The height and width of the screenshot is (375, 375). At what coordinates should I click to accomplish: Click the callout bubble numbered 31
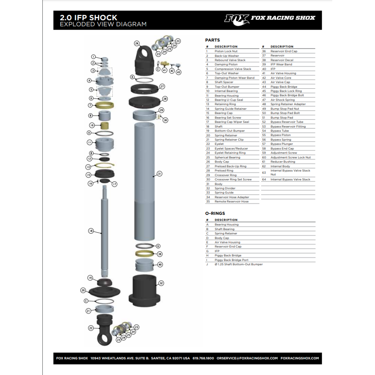click(159, 174)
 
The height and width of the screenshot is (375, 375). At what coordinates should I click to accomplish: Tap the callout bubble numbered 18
click(91, 230)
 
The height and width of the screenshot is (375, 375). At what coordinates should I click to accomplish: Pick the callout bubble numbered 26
click(137, 43)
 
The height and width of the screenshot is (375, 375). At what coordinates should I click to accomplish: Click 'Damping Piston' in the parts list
click(226, 64)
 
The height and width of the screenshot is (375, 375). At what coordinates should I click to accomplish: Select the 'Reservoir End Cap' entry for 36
click(284, 51)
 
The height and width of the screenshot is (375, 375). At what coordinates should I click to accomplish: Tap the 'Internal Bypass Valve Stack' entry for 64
click(290, 179)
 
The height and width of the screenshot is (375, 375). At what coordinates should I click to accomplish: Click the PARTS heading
click(212, 40)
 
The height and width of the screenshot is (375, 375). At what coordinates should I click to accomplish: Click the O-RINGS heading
click(215, 213)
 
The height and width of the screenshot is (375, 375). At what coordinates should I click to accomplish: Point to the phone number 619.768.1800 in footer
click(203, 358)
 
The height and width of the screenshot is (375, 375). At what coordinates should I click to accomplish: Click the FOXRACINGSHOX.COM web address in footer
click(300, 358)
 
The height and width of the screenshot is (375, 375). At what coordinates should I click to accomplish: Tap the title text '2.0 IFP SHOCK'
click(88, 17)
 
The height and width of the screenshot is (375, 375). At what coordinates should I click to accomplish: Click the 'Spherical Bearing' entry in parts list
click(227, 158)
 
